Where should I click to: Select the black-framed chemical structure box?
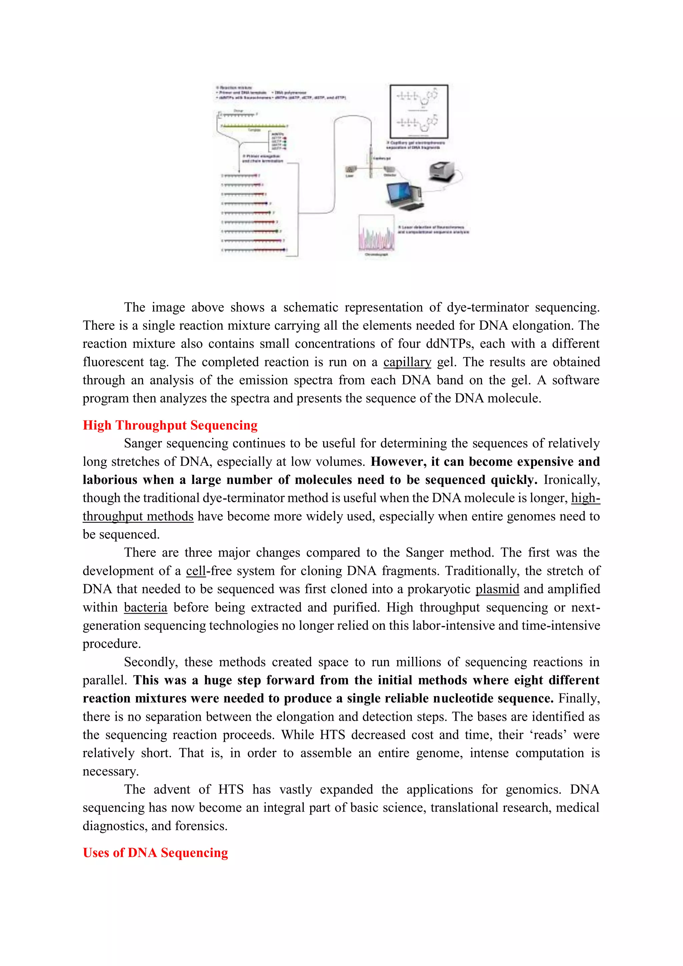click(x=419, y=111)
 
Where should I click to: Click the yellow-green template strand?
click(x=253, y=126)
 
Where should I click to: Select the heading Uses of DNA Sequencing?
click(x=155, y=853)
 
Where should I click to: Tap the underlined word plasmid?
click(x=497, y=589)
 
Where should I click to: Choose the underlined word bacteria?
click(x=145, y=607)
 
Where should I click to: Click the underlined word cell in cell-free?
click(x=195, y=571)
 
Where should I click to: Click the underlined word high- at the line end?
click(x=585, y=498)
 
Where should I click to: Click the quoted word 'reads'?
click(x=546, y=735)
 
